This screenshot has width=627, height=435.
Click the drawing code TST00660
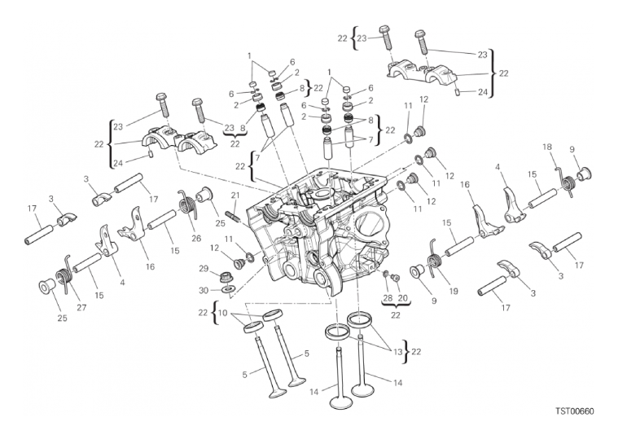pyautogui.click(x=575, y=411)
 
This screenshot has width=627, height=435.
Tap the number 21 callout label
pyautogui.click(x=235, y=196)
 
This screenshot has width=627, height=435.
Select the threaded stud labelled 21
pyautogui.click(x=235, y=218)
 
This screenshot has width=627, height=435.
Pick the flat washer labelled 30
pyautogui.click(x=228, y=288)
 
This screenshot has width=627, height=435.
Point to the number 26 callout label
pyautogui.click(x=196, y=239)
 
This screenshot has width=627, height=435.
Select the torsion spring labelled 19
pyautogui.click(x=434, y=258)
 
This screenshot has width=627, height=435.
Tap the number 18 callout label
pyautogui.click(x=547, y=147)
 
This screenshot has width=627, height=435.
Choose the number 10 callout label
pyautogui.click(x=223, y=313)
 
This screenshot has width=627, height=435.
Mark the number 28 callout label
pyautogui.click(x=386, y=297)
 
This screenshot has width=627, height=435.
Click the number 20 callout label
pyautogui.click(x=402, y=297)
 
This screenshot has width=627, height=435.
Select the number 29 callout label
pyautogui.click(x=204, y=269)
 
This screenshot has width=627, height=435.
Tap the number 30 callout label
pyautogui.click(x=204, y=291)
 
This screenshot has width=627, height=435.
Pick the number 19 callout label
pyautogui.click(x=453, y=292)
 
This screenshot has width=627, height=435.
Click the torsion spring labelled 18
pyautogui.click(x=567, y=181)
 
